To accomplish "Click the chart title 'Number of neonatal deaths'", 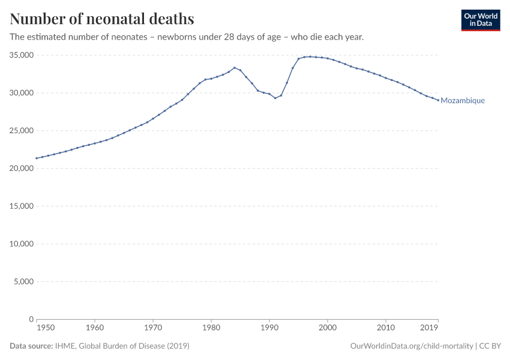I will (x=102, y=19).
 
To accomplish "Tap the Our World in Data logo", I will (x=480, y=20).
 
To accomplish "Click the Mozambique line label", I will (x=463, y=101).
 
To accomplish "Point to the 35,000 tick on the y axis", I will (x=19, y=55).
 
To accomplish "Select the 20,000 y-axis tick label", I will (x=19, y=169).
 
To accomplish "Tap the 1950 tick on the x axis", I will (x=37, y=328).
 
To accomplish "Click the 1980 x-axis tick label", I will (x=211, y=328).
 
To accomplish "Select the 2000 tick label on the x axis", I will (x=328, y=328).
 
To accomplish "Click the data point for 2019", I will (x=438, y=100).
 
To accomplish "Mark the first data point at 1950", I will (x=37, y=158).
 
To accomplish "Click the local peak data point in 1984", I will (x=235, y=68).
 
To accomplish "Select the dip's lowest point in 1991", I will (x=275, y=98).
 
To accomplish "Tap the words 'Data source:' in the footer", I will (x=31, y=346).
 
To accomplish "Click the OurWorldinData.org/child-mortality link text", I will (x=410, y=346).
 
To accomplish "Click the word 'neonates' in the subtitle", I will (x=128, y=37).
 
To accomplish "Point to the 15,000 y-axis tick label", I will (x=19, y=206).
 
